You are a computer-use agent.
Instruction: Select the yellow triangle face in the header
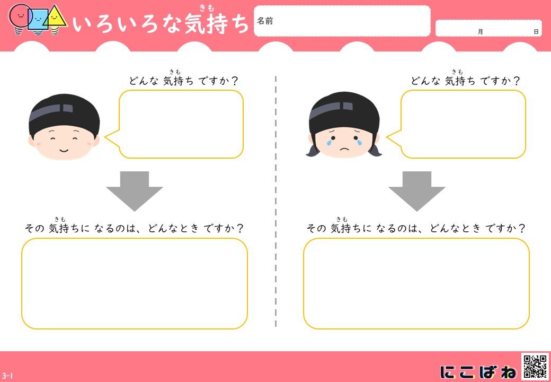pyautogui.click(x=55, y=16)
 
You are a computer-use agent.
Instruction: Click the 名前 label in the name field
pyautogui.click(x=264, y=21)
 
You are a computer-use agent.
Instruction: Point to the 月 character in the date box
pyautogui.click(x=481, y=32)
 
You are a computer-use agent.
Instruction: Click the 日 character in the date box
pyautogui.click(x=536, y=32)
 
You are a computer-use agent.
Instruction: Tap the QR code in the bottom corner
pyautogui.click(x=535, y=367)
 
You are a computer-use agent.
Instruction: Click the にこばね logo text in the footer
pyautogui.click(x=478, y=372)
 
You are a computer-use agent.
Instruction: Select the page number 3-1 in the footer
pyautogui.click(x=7, y=376)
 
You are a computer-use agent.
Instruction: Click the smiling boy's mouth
pyautogui.click(x=64, y=151)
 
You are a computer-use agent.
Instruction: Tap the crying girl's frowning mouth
pyautogui.click(x=345, y=149)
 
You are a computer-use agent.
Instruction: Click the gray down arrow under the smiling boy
pyautogui.click(x=135, y=192)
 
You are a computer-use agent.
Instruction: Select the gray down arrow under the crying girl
pyautogui.click(x=417, y=192)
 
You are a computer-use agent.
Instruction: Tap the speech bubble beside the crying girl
pyautogui.click(x=456, y=124)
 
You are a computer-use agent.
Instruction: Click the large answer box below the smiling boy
pyautogui.click(x=135, y=283)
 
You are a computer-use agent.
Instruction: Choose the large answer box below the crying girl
pyautogui.click(x=416, y=283)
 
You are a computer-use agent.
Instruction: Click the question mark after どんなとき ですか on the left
pyautogui.click(x=239, y=229)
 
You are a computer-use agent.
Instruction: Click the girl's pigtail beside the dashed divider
pyautogui.click(x=312, y=150)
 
